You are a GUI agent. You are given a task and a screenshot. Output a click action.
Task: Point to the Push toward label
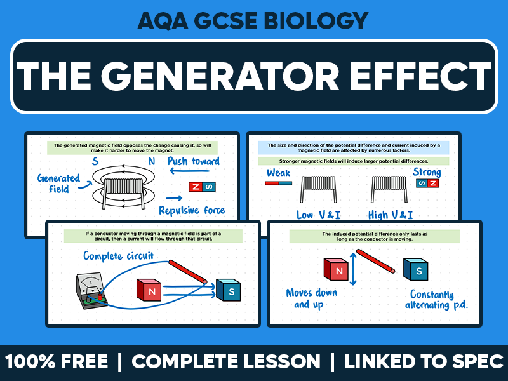tap(193, 162)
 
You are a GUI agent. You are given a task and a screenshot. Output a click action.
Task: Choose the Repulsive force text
tap(191, 210)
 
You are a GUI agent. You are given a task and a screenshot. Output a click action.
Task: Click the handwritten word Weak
tap(279, 173)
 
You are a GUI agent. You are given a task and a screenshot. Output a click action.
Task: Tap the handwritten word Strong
tap(426, 172)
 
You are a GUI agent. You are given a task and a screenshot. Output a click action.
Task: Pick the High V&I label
tap(390, 215)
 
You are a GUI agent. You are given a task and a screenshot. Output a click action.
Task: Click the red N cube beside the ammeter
tap(151, 290)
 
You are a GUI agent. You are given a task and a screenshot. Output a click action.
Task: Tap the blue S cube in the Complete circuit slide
tap(228, 290)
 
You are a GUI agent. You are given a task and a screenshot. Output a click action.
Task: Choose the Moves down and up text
tap(311, 298)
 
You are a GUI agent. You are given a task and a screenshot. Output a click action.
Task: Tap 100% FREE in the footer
tap(58, 362)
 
